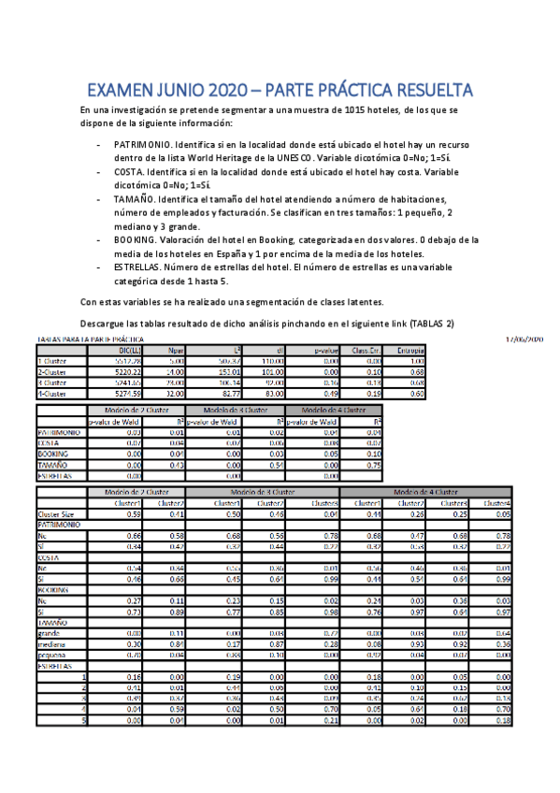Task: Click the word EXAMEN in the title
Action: coord(122,91)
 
